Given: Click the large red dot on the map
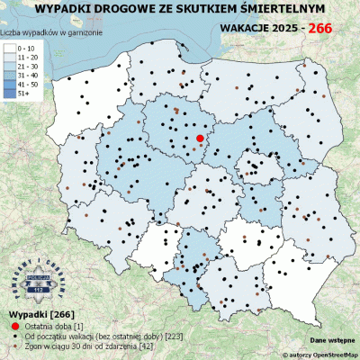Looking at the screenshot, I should click(x=200, y=138).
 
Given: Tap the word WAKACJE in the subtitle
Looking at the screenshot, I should click(x=246, y=29).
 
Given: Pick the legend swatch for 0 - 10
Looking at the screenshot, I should click(x=10, y=47).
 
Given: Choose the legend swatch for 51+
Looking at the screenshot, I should click(x=10, y=94).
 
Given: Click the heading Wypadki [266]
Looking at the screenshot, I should click(x=32, y=313).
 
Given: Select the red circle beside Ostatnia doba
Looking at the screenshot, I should click(x=13, y=324).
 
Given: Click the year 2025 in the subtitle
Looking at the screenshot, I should click(x=285, y=29).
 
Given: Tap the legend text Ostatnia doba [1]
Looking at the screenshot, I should click(x=53, y=324).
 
